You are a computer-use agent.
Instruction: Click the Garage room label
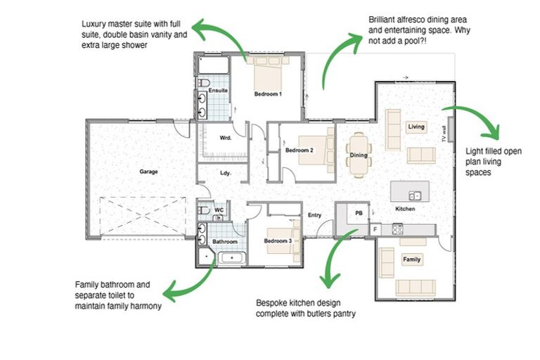[x=148, y=171]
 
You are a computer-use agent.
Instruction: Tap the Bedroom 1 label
[x=268, y=94]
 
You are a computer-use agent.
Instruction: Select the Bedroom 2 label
[x=299, y=150]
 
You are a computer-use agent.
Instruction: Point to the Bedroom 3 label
[x=278, y=241]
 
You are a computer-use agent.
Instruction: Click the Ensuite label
[x=218, y=91]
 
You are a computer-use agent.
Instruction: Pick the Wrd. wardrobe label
[x=226, y=138]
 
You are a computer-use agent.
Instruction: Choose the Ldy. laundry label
[x=226, y=172]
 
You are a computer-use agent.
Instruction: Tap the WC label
[x=219, y=210]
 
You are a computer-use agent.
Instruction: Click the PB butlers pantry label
[x=358, y=212]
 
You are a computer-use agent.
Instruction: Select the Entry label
[x=314, y=216]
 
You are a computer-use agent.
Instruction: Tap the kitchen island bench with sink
[x=409, y=192]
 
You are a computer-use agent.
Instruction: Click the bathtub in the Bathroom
[x=230, y=259]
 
